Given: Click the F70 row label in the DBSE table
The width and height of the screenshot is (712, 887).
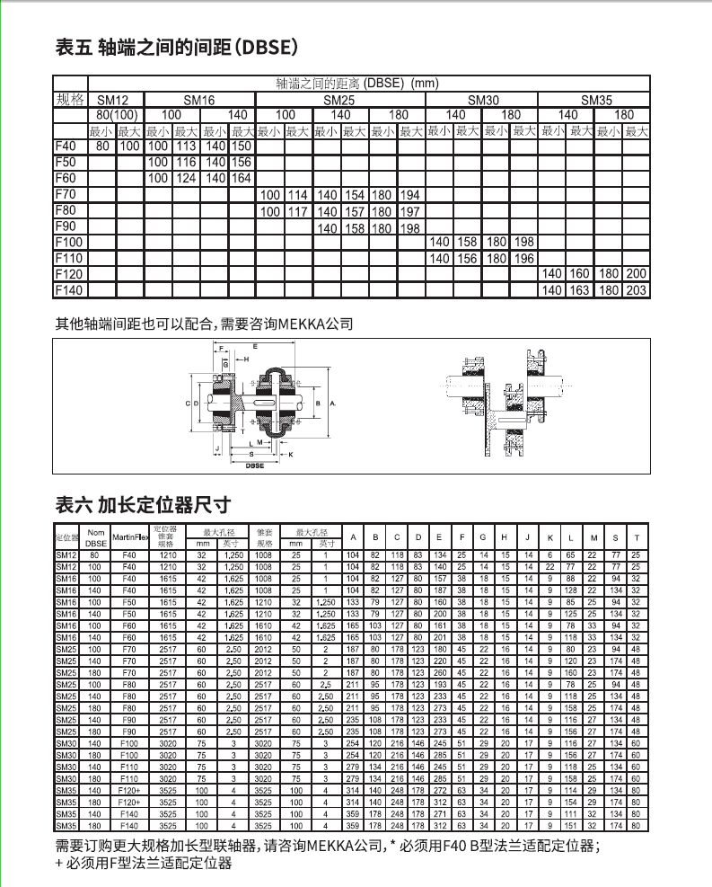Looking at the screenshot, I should pos(65,194).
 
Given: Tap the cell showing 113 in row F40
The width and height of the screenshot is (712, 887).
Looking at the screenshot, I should pos(187,146).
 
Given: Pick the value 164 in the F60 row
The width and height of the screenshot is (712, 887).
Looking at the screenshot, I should pos(242,179).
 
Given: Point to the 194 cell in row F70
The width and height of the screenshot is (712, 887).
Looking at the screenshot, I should pos(409,195).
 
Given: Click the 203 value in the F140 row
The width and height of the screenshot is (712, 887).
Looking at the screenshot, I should pos(636,290).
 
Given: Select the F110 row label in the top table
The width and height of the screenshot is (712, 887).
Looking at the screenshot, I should pos(67,259).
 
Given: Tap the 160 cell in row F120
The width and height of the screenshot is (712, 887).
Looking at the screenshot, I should pos(580,274).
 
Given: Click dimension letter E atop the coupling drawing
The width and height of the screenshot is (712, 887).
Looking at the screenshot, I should pos(255,346).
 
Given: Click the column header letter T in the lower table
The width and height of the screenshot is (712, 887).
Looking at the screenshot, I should pos(636,537).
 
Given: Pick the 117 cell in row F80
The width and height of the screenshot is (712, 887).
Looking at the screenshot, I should pos(298,211).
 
